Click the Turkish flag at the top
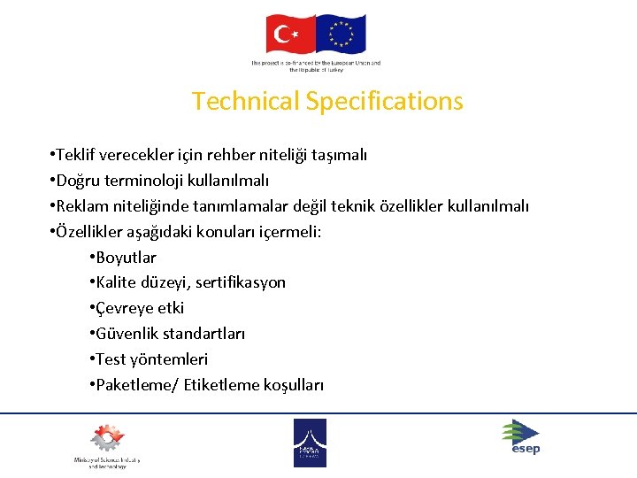coord(289,35)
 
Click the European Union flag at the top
coord(341,35)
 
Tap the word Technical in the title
coord(246,101)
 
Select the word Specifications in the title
coord(385,101)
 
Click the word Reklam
coord(81,207)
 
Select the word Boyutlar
coord(126,258)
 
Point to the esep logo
coord(520,437)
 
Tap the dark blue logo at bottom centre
coord(310,443)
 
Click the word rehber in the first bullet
coord(229,156)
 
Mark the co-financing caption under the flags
coord(316,66)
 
